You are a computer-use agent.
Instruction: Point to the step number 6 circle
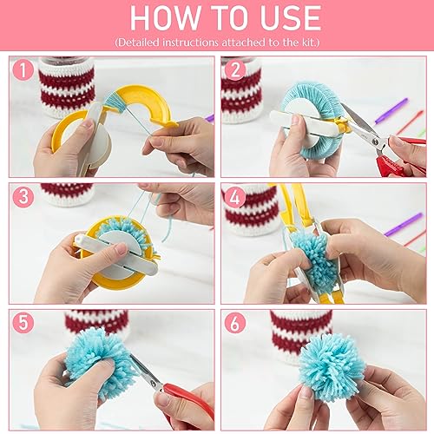coord(233,323)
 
